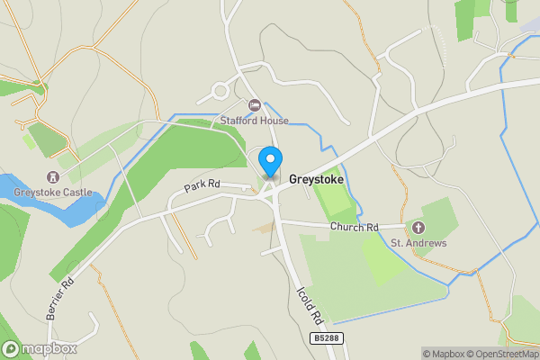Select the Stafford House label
click(x=255, y=120)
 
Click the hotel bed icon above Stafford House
click(x=255, y=105)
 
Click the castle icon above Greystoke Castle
click(x=52, y=177)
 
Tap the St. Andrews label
click(x=418, y=243)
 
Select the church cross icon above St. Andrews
click(x=418, y=228)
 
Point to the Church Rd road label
click(x=354, y=228)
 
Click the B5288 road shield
click(x=328, y=338)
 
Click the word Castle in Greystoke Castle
click(x=76, y=193)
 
